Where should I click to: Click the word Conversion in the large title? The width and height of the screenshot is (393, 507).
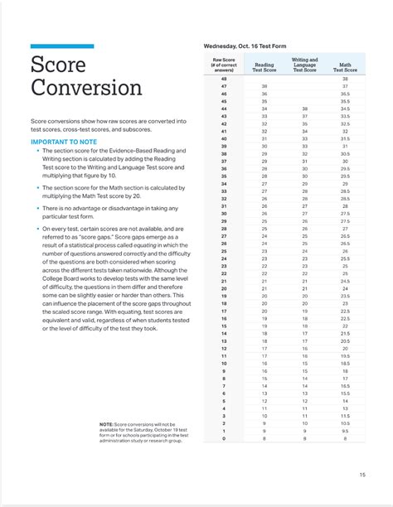tap(87, 89)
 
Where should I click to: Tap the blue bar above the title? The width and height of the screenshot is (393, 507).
tap(61, 46)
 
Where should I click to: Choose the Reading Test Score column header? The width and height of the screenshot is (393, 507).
tap(264, 67)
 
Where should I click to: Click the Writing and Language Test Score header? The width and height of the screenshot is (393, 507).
tap(305, 65)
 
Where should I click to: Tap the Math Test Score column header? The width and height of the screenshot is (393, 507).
tap(345, 67)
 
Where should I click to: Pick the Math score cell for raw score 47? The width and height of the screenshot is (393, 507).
tap(345, 85)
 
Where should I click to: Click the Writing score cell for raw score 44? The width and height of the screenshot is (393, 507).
tap(305, 109)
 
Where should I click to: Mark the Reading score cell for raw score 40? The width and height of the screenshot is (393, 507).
tap(264, 138)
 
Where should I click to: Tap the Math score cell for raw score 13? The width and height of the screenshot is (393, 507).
tap(345, 340)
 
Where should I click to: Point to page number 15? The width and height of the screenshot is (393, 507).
tap(362, 474)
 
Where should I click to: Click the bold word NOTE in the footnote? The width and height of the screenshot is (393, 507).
tap(106, 423)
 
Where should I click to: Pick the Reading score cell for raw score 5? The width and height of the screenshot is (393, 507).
tap(264, 401)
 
